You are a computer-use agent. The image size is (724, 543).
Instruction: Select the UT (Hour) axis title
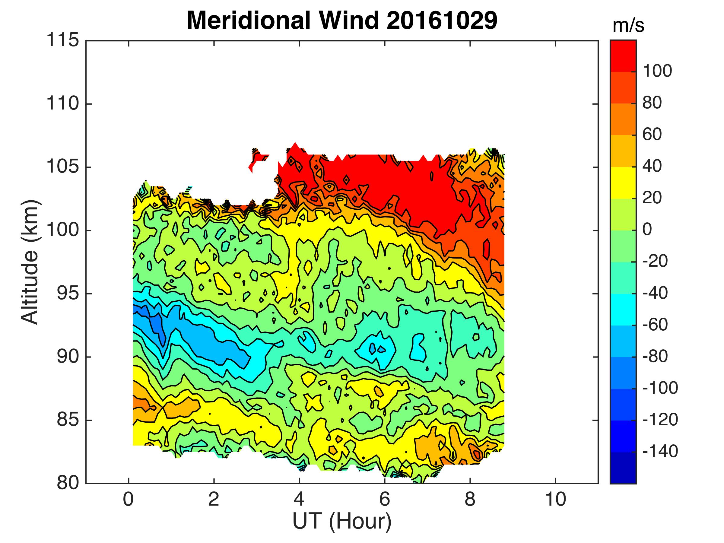(x=342, y=522)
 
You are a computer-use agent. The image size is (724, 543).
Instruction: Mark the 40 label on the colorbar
(x=652, y=166)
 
